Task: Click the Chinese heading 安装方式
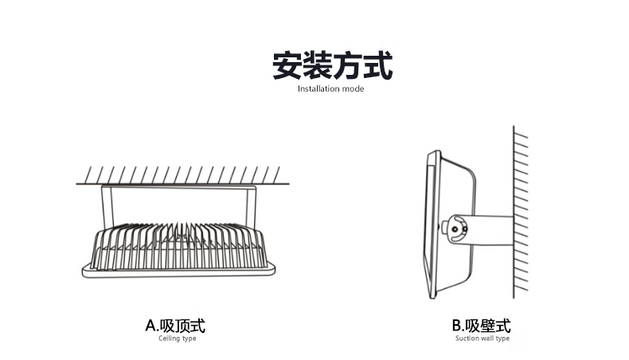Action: (332, 66)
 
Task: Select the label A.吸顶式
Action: (175, 325)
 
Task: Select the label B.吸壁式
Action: (481, 325)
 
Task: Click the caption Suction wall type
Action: (482, 338)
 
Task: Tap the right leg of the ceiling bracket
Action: (250, 205)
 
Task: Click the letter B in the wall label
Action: (456, 325)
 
